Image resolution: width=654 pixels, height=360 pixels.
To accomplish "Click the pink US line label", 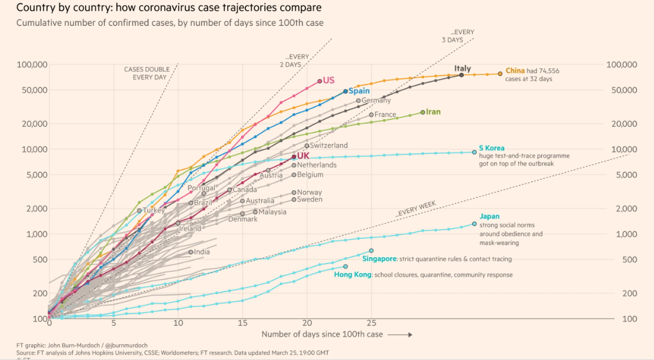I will click(329, 80).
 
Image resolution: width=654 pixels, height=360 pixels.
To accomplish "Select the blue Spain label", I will click(359, 91).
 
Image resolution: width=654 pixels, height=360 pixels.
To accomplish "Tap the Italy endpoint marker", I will click(461, 75).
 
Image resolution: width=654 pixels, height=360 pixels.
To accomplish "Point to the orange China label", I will click(515, 70).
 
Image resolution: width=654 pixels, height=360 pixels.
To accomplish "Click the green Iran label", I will click(433, 112).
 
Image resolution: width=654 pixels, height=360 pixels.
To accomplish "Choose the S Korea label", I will click(491, 148).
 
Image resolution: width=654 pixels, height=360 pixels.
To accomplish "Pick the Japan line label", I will click(490, 217).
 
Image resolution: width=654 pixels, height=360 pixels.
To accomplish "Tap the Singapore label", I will click(379, 259).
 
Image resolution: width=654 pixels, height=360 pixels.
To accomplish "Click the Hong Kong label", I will click(352, 274).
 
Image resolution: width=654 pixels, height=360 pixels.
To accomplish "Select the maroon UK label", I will click(303, 156).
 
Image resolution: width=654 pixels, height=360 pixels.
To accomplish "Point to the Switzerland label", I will click(329, 145).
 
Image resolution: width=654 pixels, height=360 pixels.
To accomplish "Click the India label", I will click(202, 252).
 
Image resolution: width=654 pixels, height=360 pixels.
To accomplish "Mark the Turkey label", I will click(154, 210).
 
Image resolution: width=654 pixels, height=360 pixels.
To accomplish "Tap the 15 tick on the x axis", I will click(242, 323).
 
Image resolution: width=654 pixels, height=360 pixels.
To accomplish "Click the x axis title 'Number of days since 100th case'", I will click(322, 334).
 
